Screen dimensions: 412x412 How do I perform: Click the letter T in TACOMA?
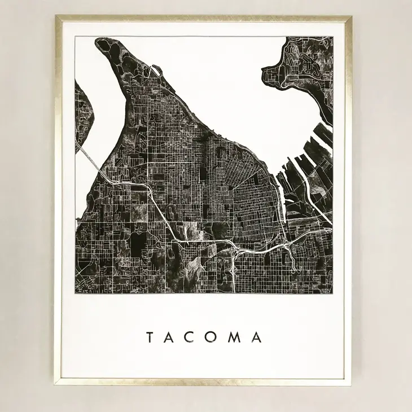pos(150,338)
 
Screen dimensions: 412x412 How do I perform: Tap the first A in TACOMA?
pos(170,338)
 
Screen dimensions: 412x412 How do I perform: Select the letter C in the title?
pos(191,338)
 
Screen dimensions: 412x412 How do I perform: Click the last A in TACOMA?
pos(257,338)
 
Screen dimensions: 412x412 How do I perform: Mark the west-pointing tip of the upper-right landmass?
pos(264,71)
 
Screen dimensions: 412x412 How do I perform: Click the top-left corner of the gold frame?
pos(56,17)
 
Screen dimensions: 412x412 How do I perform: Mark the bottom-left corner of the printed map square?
pos(76,293)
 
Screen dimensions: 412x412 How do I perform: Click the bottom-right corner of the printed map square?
pos(332,293)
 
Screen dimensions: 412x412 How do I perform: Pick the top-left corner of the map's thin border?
pos(76,36)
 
